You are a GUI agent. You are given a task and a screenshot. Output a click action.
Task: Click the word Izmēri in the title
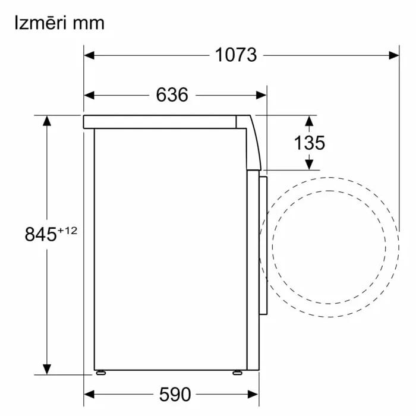tap(40, 23)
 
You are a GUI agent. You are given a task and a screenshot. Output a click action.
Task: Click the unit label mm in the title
tap(89, 24)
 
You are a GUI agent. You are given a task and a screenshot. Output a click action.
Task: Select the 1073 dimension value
tap(236, 55)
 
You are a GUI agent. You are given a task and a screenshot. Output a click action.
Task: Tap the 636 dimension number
tap(172, 94)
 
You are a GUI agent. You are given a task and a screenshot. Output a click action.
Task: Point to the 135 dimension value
tap(310, 143)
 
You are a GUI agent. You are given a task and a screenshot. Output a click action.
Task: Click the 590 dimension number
tap(175, 395)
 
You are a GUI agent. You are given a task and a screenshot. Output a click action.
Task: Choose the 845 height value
tap(40, 234)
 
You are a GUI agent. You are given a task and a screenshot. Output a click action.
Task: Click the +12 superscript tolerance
tap(67, 231)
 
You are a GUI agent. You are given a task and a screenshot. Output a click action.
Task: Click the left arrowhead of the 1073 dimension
tap(89, 55)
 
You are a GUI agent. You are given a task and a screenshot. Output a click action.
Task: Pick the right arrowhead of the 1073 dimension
tap(393, 55)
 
